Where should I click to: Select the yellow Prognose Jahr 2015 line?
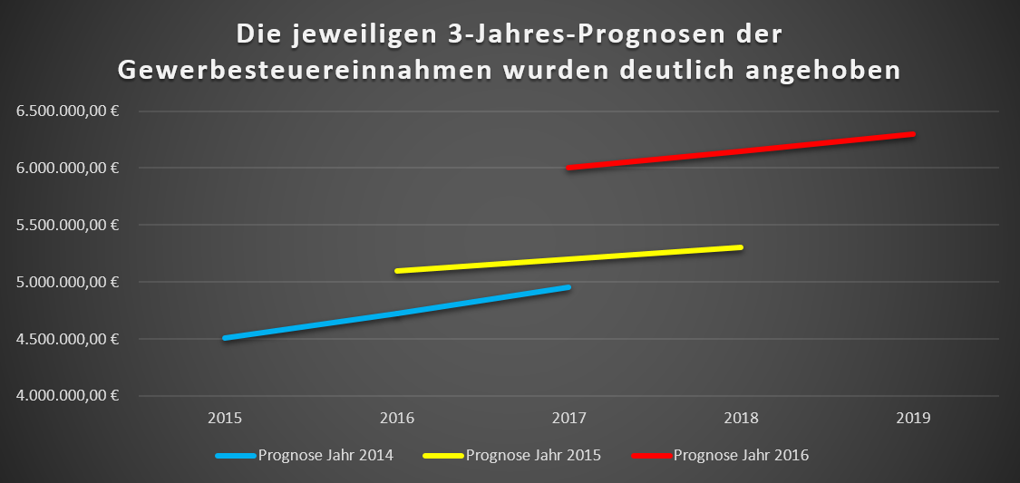pos(569,259)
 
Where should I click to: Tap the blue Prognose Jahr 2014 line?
pos(397,313)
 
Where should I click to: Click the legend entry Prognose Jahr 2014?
pos(325,455)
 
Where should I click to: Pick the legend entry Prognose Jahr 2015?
pos(533,455)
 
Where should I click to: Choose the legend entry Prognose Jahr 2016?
pos(741,455)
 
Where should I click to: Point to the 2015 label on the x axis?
pos(225,419)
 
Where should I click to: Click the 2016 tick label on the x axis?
pos(397,419)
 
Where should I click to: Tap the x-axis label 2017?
pos(569,419)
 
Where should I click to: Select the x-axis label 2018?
pos(742,419)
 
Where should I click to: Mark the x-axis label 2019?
pos(914,419)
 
